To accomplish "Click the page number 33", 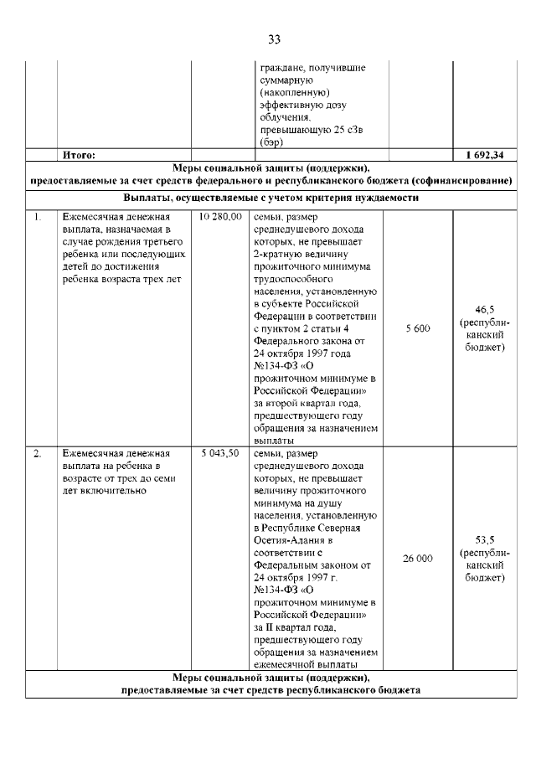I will tap(273, 39).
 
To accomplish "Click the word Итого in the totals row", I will tap(80, 155).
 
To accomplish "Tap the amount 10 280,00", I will tap(220, 216).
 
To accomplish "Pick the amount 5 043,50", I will tap(220, 453).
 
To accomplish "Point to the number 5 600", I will tap(417, 328).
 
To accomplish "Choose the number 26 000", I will tap(417, 558).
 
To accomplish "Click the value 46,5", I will tap(485, 309).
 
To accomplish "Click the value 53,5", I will tap(485, 539).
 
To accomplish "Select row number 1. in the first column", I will tap(38, 216).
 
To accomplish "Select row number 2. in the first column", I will tap(38, 453).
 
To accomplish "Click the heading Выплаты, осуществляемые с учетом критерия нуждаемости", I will tap(271, 199).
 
